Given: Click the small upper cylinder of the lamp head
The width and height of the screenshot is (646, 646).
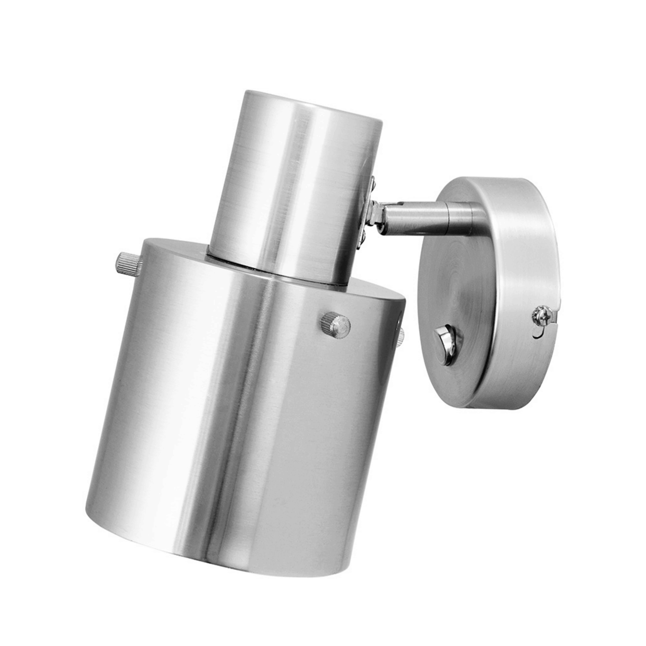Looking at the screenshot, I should pos(294,177).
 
